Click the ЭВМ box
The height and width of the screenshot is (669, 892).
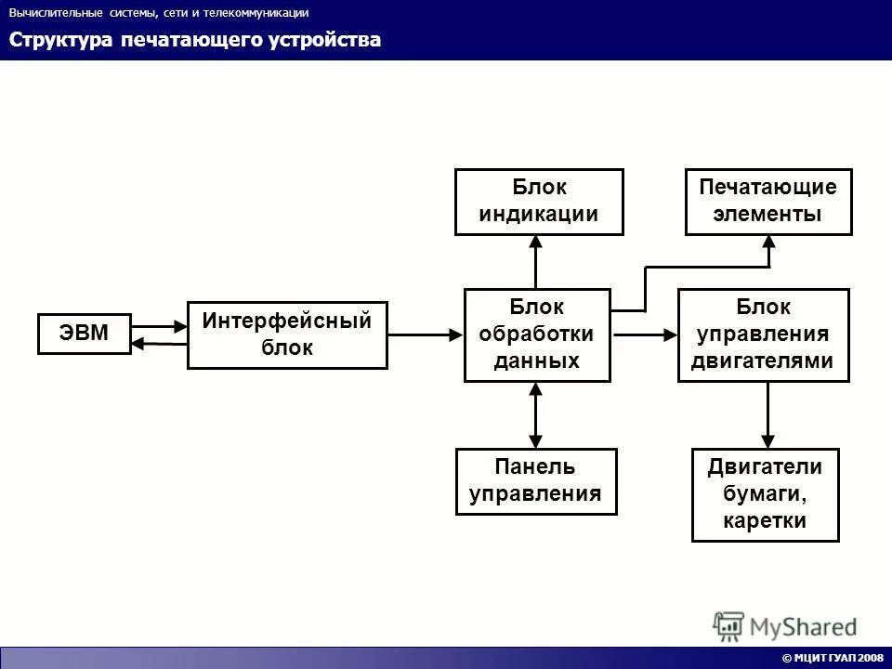pos(85,334)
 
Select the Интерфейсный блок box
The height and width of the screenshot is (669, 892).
pos(287,334)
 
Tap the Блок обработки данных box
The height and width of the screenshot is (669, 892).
pos(537,334)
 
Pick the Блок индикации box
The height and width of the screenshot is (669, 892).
pos(538,201)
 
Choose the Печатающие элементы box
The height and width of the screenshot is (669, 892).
pos(767,201)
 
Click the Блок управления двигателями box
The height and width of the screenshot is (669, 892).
pos(763,334)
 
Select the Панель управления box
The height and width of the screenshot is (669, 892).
pos(535,481)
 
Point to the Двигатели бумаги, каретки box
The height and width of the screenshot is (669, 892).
pos(765,495)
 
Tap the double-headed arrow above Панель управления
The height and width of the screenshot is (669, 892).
pos(535,415)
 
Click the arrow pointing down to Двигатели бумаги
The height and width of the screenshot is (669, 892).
pos(767,415)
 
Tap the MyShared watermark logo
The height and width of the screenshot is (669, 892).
pos(785,625)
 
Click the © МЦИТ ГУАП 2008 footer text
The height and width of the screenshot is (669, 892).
pos(832,658)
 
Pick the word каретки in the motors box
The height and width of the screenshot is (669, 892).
pos(765,521)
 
